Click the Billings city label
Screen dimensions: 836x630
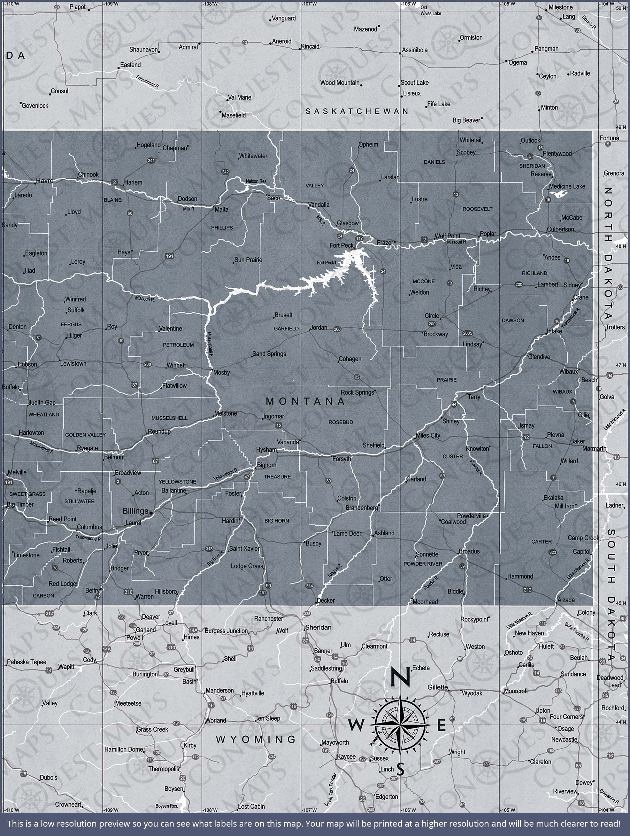(135, 511)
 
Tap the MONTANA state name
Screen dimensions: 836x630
(306, 401)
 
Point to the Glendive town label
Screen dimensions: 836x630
(539, 357)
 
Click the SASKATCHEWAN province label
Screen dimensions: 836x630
(357, 111)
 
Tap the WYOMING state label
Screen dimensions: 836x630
(256, 739)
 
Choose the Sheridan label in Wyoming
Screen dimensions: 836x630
(318, 627)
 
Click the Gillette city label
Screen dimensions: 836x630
(438, 687)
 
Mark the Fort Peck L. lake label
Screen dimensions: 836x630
(328, 263)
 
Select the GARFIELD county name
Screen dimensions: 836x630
(286, 329)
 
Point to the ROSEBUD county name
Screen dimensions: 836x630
(341, 422)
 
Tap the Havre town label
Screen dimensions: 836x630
(45, 181)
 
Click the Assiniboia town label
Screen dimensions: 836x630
(415, 50)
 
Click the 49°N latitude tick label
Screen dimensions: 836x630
(621, 127)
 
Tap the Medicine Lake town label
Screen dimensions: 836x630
(567, 186)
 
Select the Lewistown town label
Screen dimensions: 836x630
(74, 364)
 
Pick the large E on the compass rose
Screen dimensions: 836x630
(441, 725)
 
